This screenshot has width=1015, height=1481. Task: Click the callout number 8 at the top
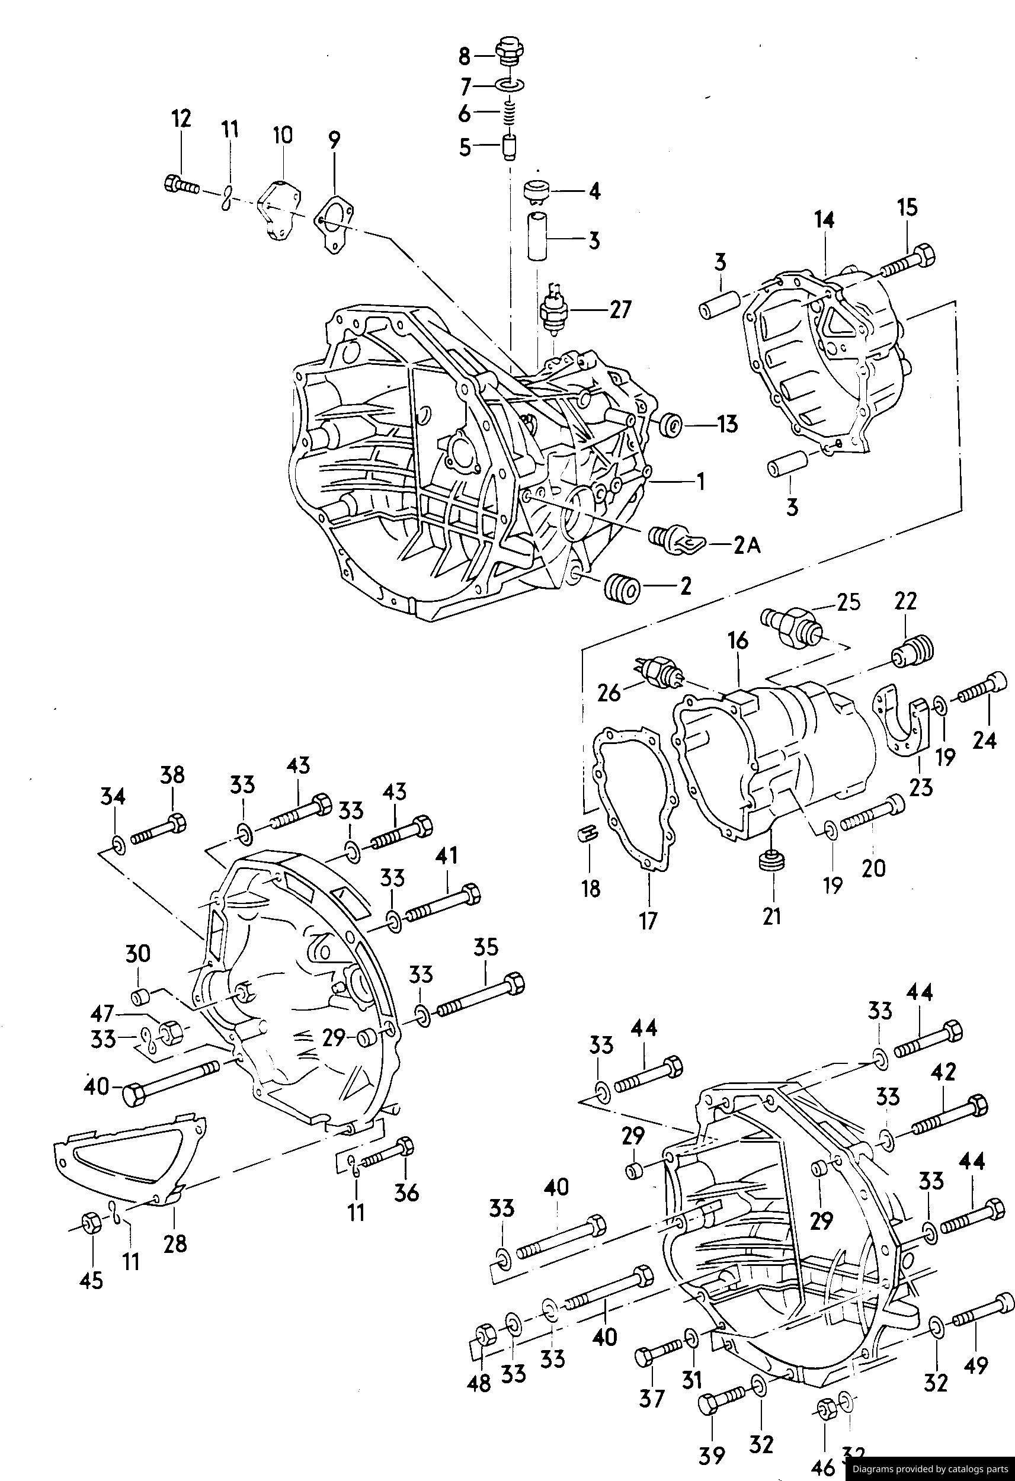(464, 57)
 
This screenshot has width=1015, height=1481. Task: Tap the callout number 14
(824, 220)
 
